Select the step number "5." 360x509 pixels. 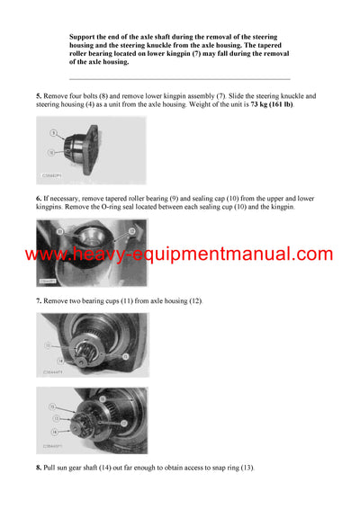coord(39,95)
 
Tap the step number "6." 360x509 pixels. coord(39,198)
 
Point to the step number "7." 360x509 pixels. coord(39,300)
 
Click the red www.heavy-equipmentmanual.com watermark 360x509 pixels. coord(179,254)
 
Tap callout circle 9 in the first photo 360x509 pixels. coord(54,133)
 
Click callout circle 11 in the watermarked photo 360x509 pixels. coord(60,231)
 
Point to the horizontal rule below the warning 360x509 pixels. coord(179,79)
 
